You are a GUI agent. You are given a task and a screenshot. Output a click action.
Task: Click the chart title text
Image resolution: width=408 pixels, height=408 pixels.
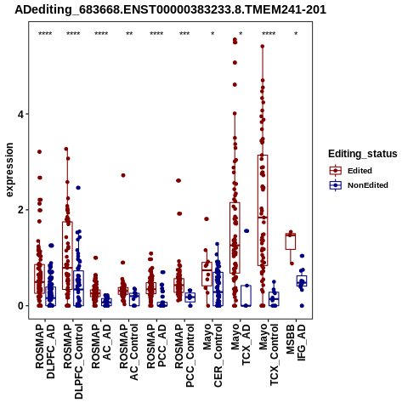click(170, 9)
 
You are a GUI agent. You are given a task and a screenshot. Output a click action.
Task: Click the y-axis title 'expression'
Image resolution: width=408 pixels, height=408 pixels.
click(9, 170)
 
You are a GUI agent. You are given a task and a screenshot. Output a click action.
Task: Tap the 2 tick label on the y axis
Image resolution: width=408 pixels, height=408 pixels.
click(20, 210)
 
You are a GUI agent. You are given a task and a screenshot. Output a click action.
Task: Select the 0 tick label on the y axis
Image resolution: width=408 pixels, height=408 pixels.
click(20, 306)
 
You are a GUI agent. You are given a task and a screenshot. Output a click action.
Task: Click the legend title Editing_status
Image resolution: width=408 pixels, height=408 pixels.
click(363, 154)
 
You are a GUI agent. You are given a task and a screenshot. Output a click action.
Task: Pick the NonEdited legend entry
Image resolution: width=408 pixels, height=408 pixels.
click(359, 185)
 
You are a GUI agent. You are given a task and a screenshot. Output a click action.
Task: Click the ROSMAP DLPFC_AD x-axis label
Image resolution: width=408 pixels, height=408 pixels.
click(45, 351)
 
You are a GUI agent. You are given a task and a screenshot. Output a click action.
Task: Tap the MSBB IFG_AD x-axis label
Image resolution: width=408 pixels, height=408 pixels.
click(296, 343)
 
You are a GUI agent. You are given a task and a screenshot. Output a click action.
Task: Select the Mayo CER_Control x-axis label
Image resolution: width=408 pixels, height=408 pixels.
click(212, 355)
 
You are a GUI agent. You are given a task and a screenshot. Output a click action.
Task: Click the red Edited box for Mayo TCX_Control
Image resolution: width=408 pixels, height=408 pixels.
click(263, 210)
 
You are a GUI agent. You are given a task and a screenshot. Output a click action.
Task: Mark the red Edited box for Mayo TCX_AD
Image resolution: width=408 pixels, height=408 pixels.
click(235, 238)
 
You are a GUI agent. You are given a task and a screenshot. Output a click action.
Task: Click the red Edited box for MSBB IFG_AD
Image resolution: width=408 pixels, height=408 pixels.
click(291, 241)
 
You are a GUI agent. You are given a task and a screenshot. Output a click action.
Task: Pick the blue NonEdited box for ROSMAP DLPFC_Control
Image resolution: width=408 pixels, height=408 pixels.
click(78, 288)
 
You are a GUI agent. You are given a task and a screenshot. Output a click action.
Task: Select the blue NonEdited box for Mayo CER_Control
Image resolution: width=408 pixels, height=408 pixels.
click(218, 289)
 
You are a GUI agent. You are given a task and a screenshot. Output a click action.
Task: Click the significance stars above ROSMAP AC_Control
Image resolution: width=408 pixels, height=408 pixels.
click(129, 34)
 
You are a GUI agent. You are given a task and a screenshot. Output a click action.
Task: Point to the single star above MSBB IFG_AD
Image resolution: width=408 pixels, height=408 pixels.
click(296, 34)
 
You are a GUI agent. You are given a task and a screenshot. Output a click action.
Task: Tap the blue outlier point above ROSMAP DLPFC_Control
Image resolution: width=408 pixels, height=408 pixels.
click(78, 188)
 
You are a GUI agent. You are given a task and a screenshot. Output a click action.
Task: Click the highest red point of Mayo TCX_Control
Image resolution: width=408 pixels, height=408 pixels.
click(263, 46)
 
